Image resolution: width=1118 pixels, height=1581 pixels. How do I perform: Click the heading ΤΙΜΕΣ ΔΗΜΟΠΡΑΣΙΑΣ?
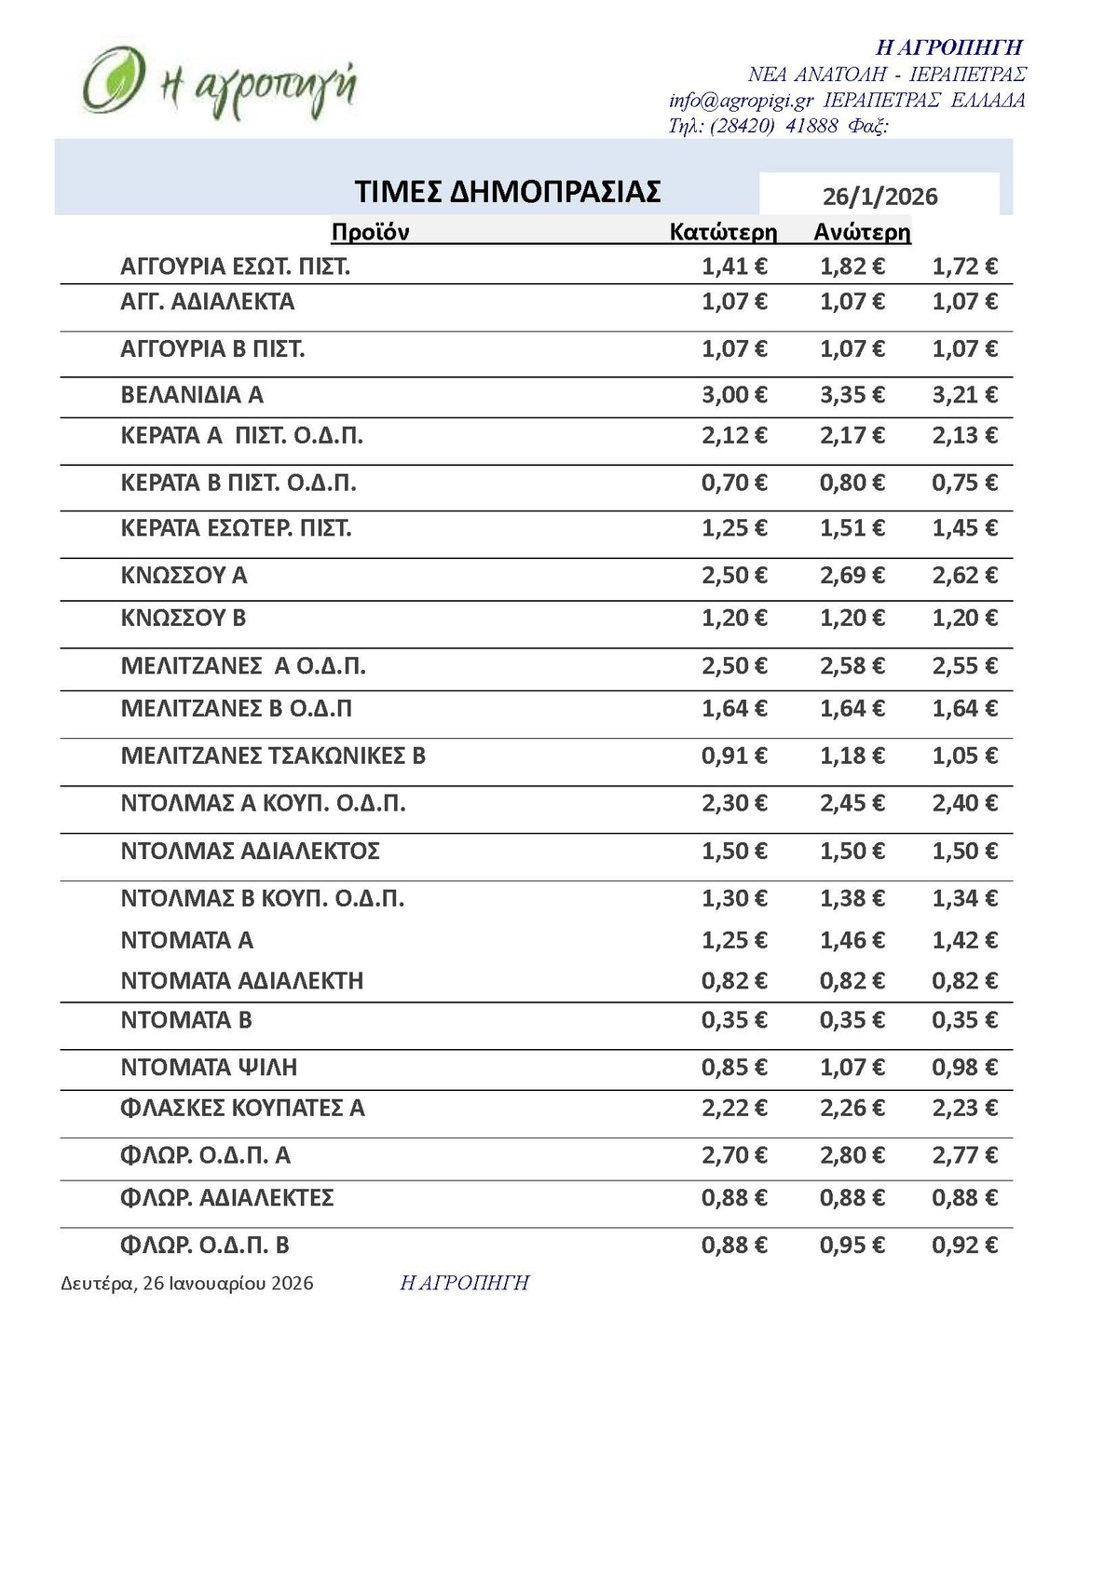[508, 192]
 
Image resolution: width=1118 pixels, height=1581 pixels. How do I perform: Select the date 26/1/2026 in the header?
[879, 197]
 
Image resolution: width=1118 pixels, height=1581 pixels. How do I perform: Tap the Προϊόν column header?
[370, 232]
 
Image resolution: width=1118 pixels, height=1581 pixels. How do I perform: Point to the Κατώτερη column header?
[723, 232]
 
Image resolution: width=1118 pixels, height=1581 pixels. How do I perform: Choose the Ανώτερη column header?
[862, 232]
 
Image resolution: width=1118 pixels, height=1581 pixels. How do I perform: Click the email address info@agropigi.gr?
[741, 101]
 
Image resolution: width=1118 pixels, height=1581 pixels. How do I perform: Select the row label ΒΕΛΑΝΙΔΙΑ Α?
[192, 395]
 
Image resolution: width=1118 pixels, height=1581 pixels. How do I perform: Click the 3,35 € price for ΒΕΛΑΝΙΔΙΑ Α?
[852, 395]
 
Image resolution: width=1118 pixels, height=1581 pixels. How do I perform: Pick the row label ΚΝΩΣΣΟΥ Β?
[184, 619]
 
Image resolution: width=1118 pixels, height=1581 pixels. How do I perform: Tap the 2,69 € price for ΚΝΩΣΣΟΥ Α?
[852, 576]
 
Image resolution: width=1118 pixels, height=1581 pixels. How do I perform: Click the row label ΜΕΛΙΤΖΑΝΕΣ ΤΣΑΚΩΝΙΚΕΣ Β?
[273, 756]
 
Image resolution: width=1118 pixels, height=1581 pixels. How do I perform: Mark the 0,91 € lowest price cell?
[734, 756]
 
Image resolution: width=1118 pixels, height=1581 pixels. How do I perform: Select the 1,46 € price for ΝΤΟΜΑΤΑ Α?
[852, 940]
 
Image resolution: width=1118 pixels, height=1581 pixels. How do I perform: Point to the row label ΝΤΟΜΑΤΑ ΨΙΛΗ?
[209, 1068]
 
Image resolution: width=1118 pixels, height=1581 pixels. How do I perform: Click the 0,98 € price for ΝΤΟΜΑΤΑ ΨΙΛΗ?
[964, 1068]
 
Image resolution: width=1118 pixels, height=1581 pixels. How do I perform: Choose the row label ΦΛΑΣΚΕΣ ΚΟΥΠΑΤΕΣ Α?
[242, 1109]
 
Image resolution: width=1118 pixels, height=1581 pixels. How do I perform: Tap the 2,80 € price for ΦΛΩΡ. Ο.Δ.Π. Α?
[852, 1155]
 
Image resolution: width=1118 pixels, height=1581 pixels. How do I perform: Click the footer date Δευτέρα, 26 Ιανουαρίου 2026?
[187, 1284]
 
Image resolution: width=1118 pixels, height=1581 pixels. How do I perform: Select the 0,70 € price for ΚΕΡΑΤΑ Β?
[734, 483]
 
